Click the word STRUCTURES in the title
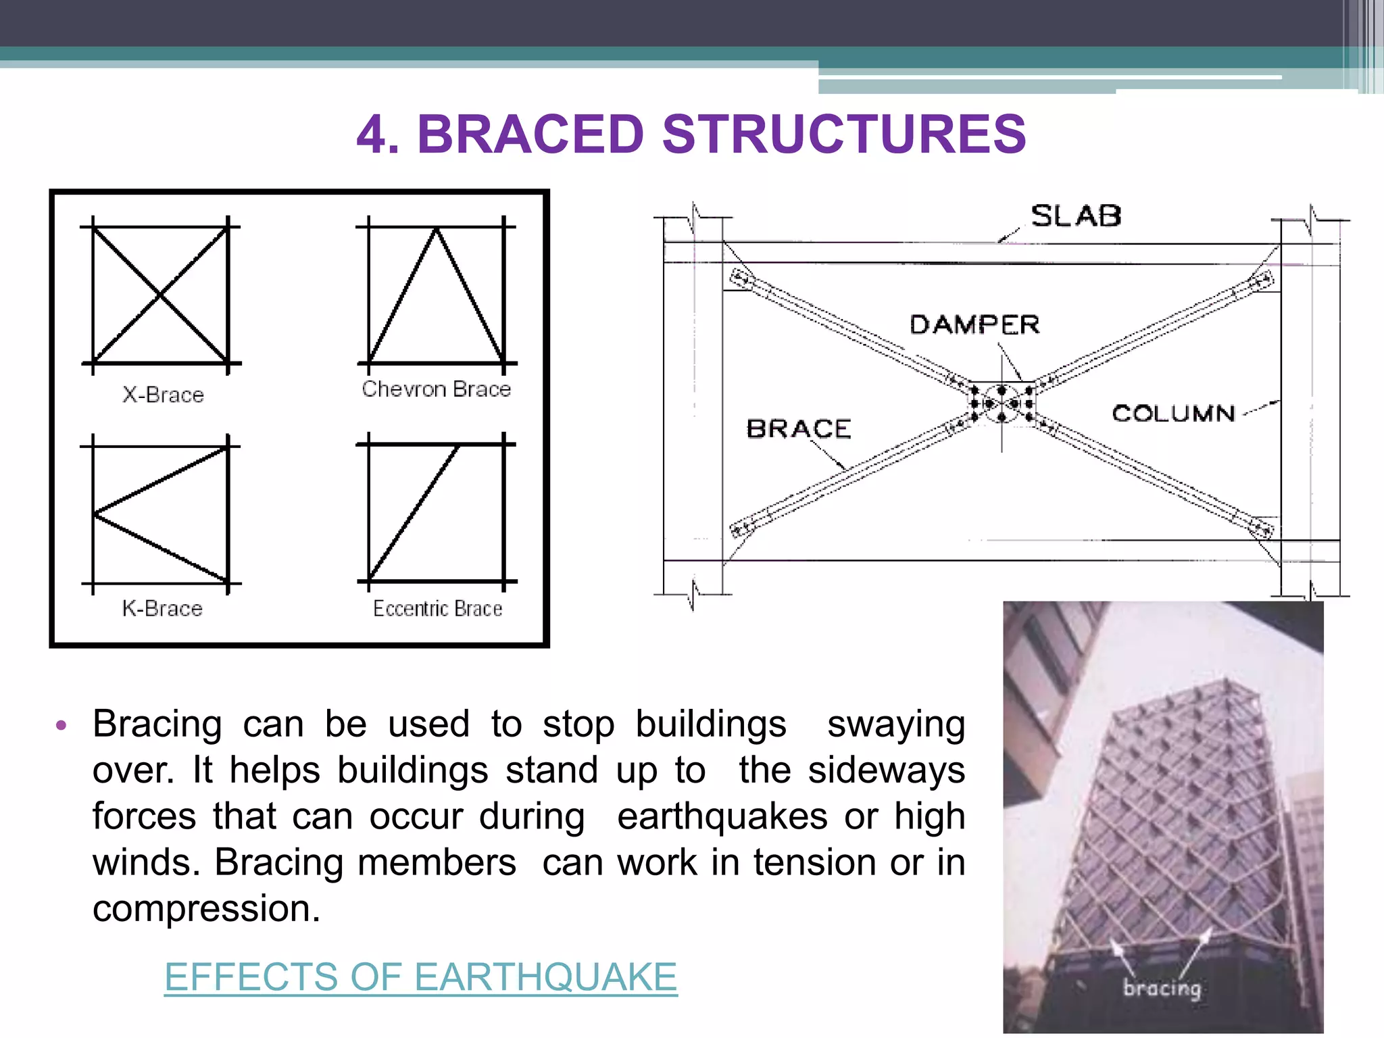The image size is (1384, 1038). [x=844, y=134]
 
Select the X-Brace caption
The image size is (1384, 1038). [x=163, y=395]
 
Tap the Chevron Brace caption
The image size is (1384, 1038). [x=436, y=389]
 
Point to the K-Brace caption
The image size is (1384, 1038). [x=162, y=608]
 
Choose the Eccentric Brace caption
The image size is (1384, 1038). [x=437, y=608]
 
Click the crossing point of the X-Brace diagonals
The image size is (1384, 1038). [x=160, y=295]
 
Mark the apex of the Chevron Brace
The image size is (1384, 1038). [x=437, y=230]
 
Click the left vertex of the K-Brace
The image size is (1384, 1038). [x=95, y=514]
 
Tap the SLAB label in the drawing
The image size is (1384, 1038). [x=1075, y=216]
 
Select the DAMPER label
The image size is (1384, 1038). [x=974, y=325]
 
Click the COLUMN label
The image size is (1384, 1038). [x=1173, y=413]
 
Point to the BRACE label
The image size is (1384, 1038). [x=798, y=428]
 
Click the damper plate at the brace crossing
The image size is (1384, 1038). [x=1002, y=403]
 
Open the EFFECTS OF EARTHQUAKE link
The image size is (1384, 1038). [x=420, y=977]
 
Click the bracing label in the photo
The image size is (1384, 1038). [x=1162, y=988]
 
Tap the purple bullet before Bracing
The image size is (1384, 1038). [x=61, y=726]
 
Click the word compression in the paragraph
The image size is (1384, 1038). [x=205, y=908]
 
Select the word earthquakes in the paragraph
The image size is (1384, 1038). [x=722, y=816]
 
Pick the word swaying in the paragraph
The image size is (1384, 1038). [x=895, y=725]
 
